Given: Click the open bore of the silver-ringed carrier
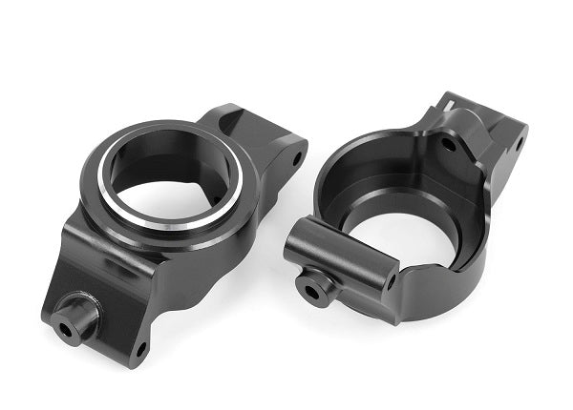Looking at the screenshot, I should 167,195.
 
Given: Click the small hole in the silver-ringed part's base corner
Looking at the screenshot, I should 140,348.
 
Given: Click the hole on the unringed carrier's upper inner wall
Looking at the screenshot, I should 447,145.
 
